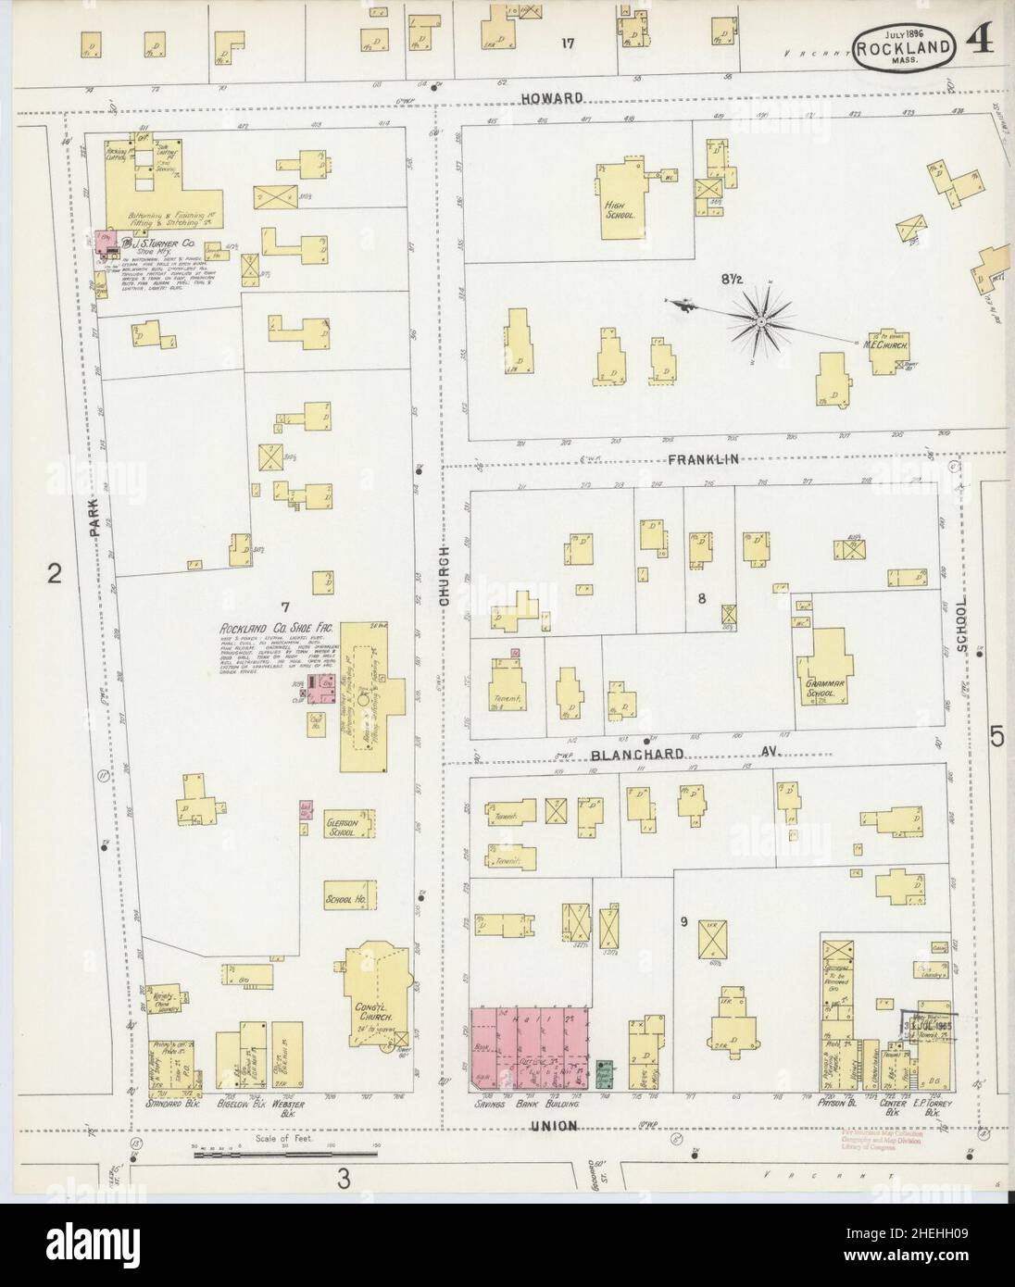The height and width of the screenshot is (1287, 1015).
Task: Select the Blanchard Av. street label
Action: pos(685,755)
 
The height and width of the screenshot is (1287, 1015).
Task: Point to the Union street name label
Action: pos(554,1126)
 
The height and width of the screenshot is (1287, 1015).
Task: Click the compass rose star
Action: pos(759,321)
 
